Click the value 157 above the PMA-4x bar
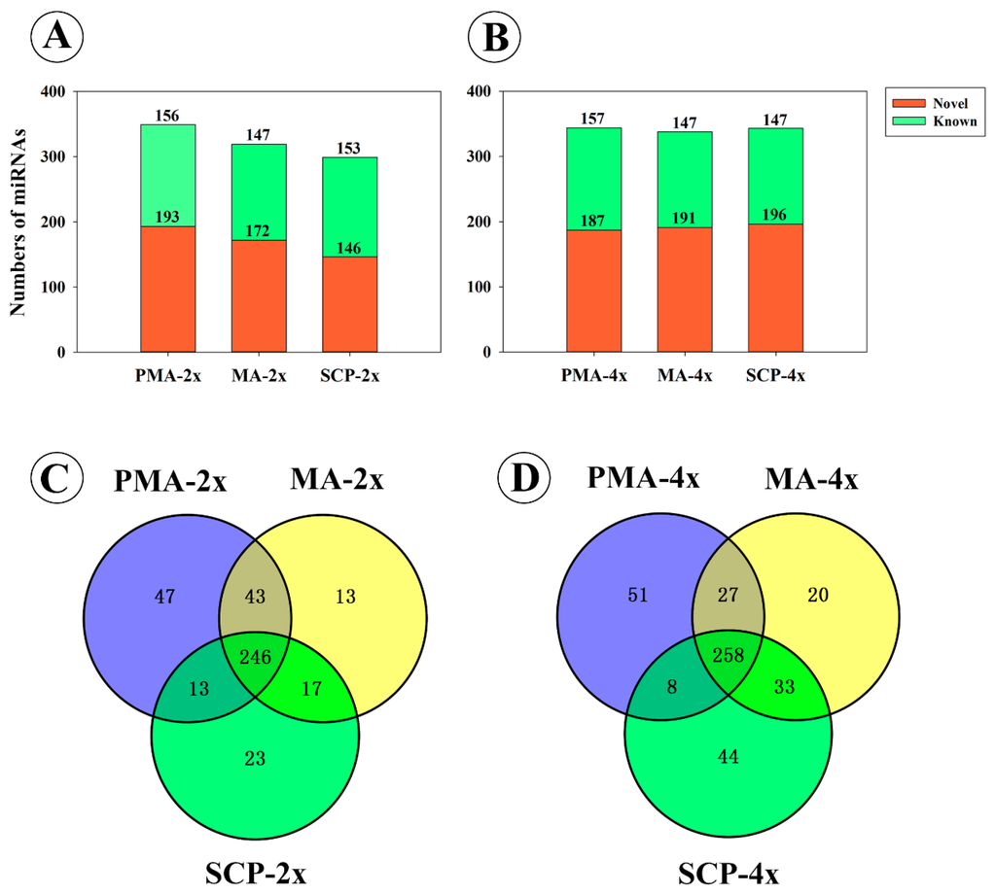593,119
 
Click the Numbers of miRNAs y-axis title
17,222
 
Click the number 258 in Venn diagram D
729,654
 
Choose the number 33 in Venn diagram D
792,684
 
